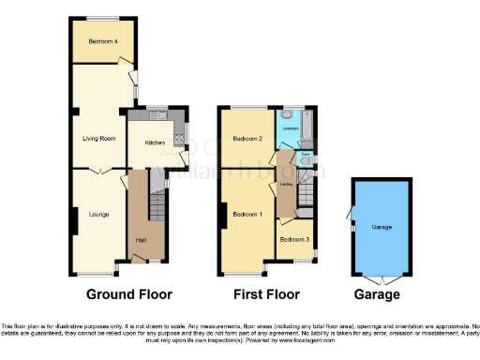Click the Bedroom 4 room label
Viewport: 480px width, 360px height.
click(101, 41)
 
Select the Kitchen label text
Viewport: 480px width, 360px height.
click(155, 143)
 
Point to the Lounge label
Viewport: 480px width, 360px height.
click(98, 215)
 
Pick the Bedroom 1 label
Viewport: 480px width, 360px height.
click(247, 215)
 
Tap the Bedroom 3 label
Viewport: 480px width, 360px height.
click(294, 240)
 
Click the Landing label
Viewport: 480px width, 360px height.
click(284, 184)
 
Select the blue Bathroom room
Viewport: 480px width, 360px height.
click(290, 129)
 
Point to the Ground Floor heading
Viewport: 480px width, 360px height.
click(129, 294)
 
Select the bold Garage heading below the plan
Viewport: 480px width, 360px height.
click(380, 294)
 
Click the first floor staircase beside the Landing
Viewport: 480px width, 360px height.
click(307, 197)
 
